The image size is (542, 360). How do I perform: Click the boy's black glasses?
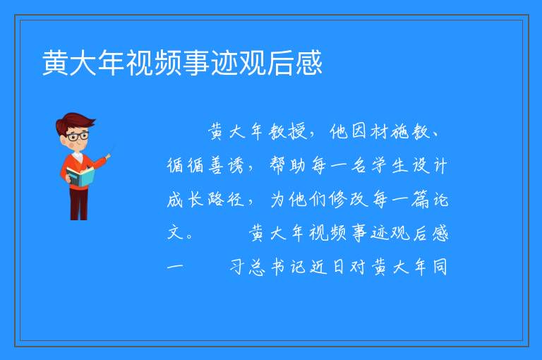tap(78, 136)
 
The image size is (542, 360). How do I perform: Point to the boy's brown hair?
tap(75, 123)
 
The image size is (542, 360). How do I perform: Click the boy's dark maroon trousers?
tap(79, 204)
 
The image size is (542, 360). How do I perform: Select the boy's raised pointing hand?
tap(108, 157)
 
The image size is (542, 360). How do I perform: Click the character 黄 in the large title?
tap(56, 63)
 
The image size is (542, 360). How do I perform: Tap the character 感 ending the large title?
tap(309, 63)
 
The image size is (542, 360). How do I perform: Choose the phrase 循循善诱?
tap(206, 165)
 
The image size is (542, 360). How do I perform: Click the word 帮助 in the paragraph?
tap(288, 165)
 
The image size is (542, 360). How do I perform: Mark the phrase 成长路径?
tap(206, 199)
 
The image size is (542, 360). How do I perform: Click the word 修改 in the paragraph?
tap(349, 199)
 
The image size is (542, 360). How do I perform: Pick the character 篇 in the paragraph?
tap(420, 199)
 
